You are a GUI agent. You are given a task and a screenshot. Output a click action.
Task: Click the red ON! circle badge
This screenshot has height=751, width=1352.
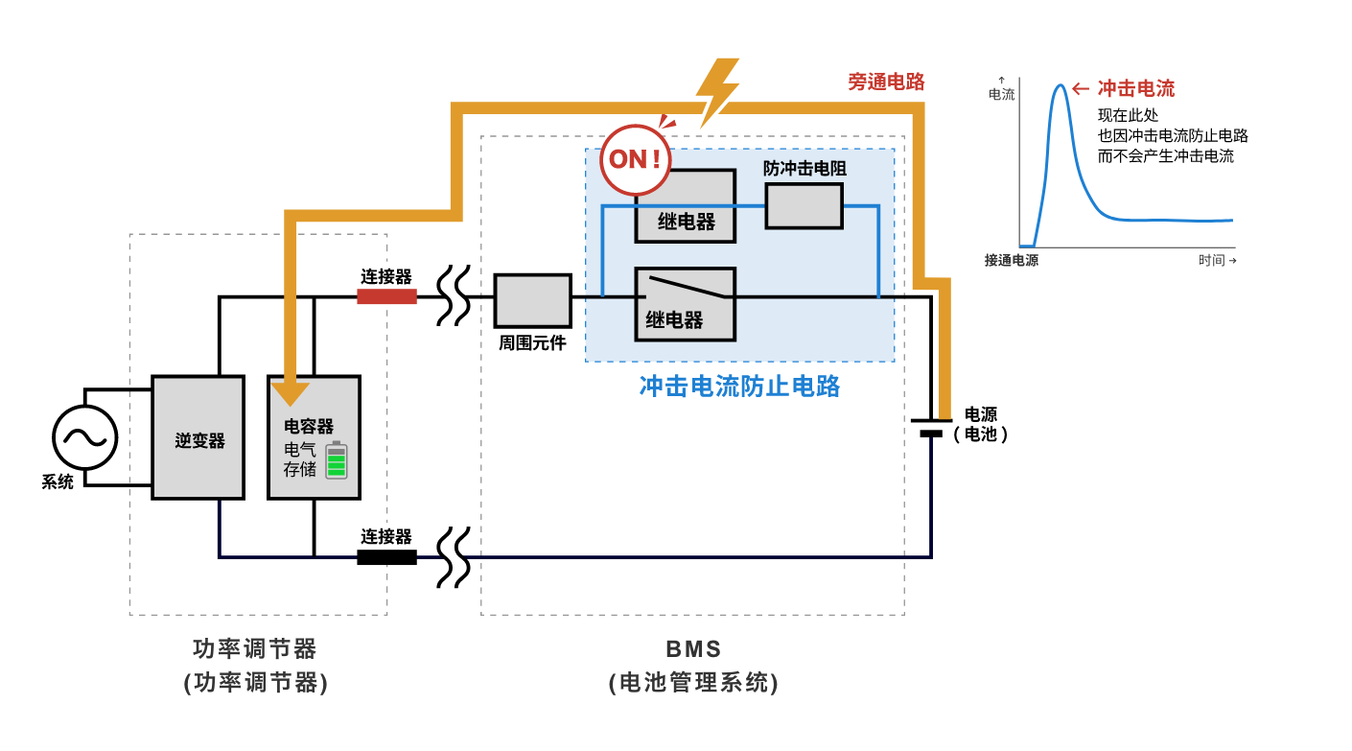point(635,159)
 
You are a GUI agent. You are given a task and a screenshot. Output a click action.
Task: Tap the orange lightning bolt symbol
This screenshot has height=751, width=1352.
point(718,91)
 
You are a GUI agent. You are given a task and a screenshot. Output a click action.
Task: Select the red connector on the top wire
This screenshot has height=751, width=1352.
point(386,297)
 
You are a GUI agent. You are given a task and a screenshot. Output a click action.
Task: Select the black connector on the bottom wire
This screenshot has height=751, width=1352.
point(386,557)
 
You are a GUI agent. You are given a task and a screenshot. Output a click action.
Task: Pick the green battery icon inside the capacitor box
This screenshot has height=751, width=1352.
point(336,461)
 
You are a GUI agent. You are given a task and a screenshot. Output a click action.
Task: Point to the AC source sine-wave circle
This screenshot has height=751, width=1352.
point(84,437)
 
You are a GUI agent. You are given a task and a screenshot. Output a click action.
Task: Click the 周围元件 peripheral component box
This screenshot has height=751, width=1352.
point(532,300)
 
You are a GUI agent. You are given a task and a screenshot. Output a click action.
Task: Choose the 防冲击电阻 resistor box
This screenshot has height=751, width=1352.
point(804,205)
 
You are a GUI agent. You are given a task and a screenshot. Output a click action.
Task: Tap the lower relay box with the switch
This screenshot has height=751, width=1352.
point(685,304)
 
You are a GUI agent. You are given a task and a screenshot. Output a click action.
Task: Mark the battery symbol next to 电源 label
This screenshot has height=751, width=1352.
point(931,427)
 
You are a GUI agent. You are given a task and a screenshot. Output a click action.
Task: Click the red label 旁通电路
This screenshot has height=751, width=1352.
point(886,82)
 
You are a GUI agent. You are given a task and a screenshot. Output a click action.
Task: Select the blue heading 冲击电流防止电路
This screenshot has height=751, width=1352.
point(739,386)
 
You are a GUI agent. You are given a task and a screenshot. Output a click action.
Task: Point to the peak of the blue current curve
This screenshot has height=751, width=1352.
point(1060,85)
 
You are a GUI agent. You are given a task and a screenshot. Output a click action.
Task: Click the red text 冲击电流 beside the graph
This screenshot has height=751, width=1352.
point(1135,89)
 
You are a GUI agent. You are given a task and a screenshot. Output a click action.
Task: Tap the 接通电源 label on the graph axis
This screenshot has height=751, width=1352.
point(1011,260)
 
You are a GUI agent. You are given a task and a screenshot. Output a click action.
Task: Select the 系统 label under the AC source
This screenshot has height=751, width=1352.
point(58,482)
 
